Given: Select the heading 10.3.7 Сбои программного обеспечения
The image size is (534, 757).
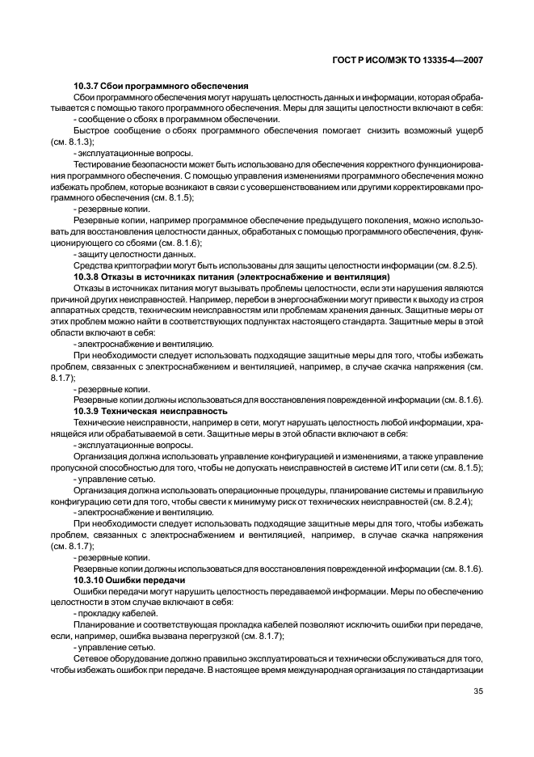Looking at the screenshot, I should pyautogui.click(x=160, y=86).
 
